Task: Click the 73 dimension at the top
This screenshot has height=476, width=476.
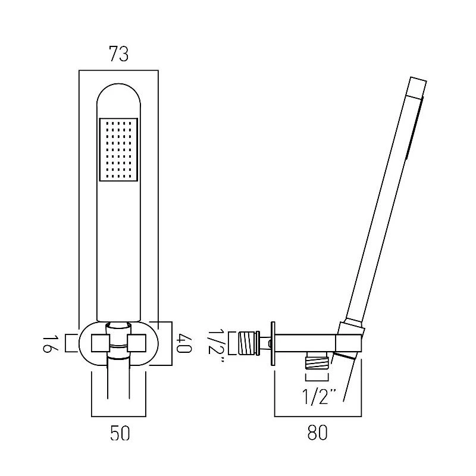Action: coord(118,54)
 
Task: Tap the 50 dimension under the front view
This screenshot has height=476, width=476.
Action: coord(120,433)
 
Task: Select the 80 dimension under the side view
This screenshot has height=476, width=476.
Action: coord(318,433)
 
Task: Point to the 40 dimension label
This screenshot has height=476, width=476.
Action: coord(184,343)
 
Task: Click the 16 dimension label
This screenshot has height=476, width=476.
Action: coord(49,344)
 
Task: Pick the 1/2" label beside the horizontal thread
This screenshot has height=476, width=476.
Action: coord(216,346)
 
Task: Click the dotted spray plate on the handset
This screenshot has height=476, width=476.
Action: coord(118,150)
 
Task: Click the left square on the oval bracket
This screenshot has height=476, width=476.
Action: coord(101,343)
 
